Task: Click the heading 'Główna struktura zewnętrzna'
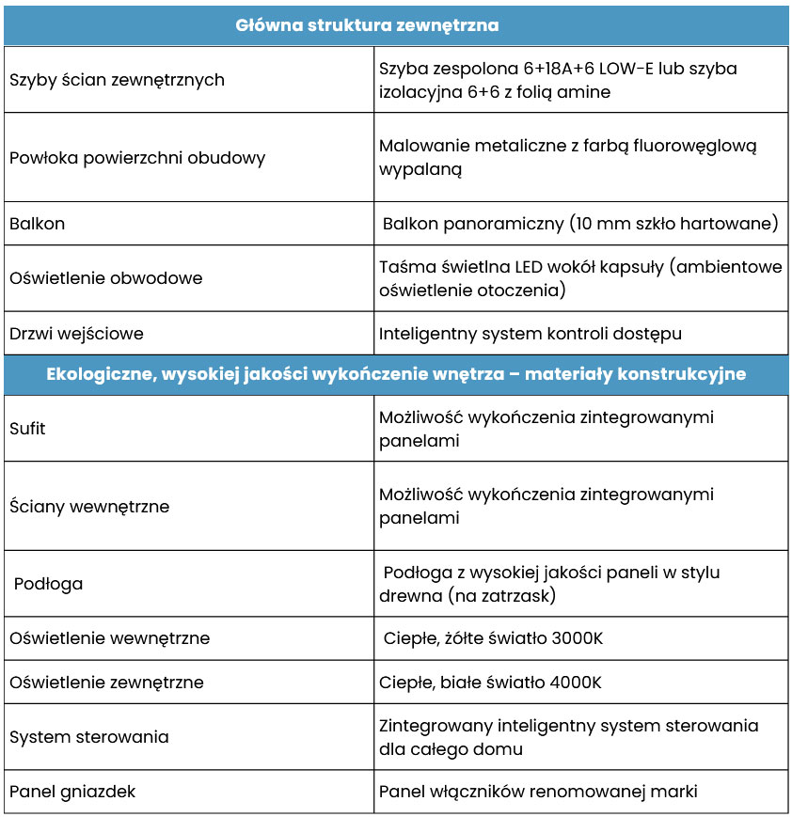[x=366, y=25]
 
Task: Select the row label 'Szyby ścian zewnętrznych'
[x=117, y=80]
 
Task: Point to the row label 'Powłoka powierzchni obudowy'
[x=137, y=157]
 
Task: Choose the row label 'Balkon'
[x=37, y=224]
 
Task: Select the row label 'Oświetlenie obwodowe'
[x=105, y=278]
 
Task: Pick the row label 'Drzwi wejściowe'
[x=76, y=334]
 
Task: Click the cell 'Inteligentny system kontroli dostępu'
[x=530, y=334]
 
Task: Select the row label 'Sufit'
[x=27, y=429]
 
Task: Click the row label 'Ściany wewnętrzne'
[x=89, y=506]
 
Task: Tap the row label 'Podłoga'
[x=48, y=584]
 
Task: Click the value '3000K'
[x=578, y=638]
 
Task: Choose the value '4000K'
[x=576, y=683]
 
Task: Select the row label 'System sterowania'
[x=89, y=737]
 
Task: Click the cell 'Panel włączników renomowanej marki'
[x=538, y=792]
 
